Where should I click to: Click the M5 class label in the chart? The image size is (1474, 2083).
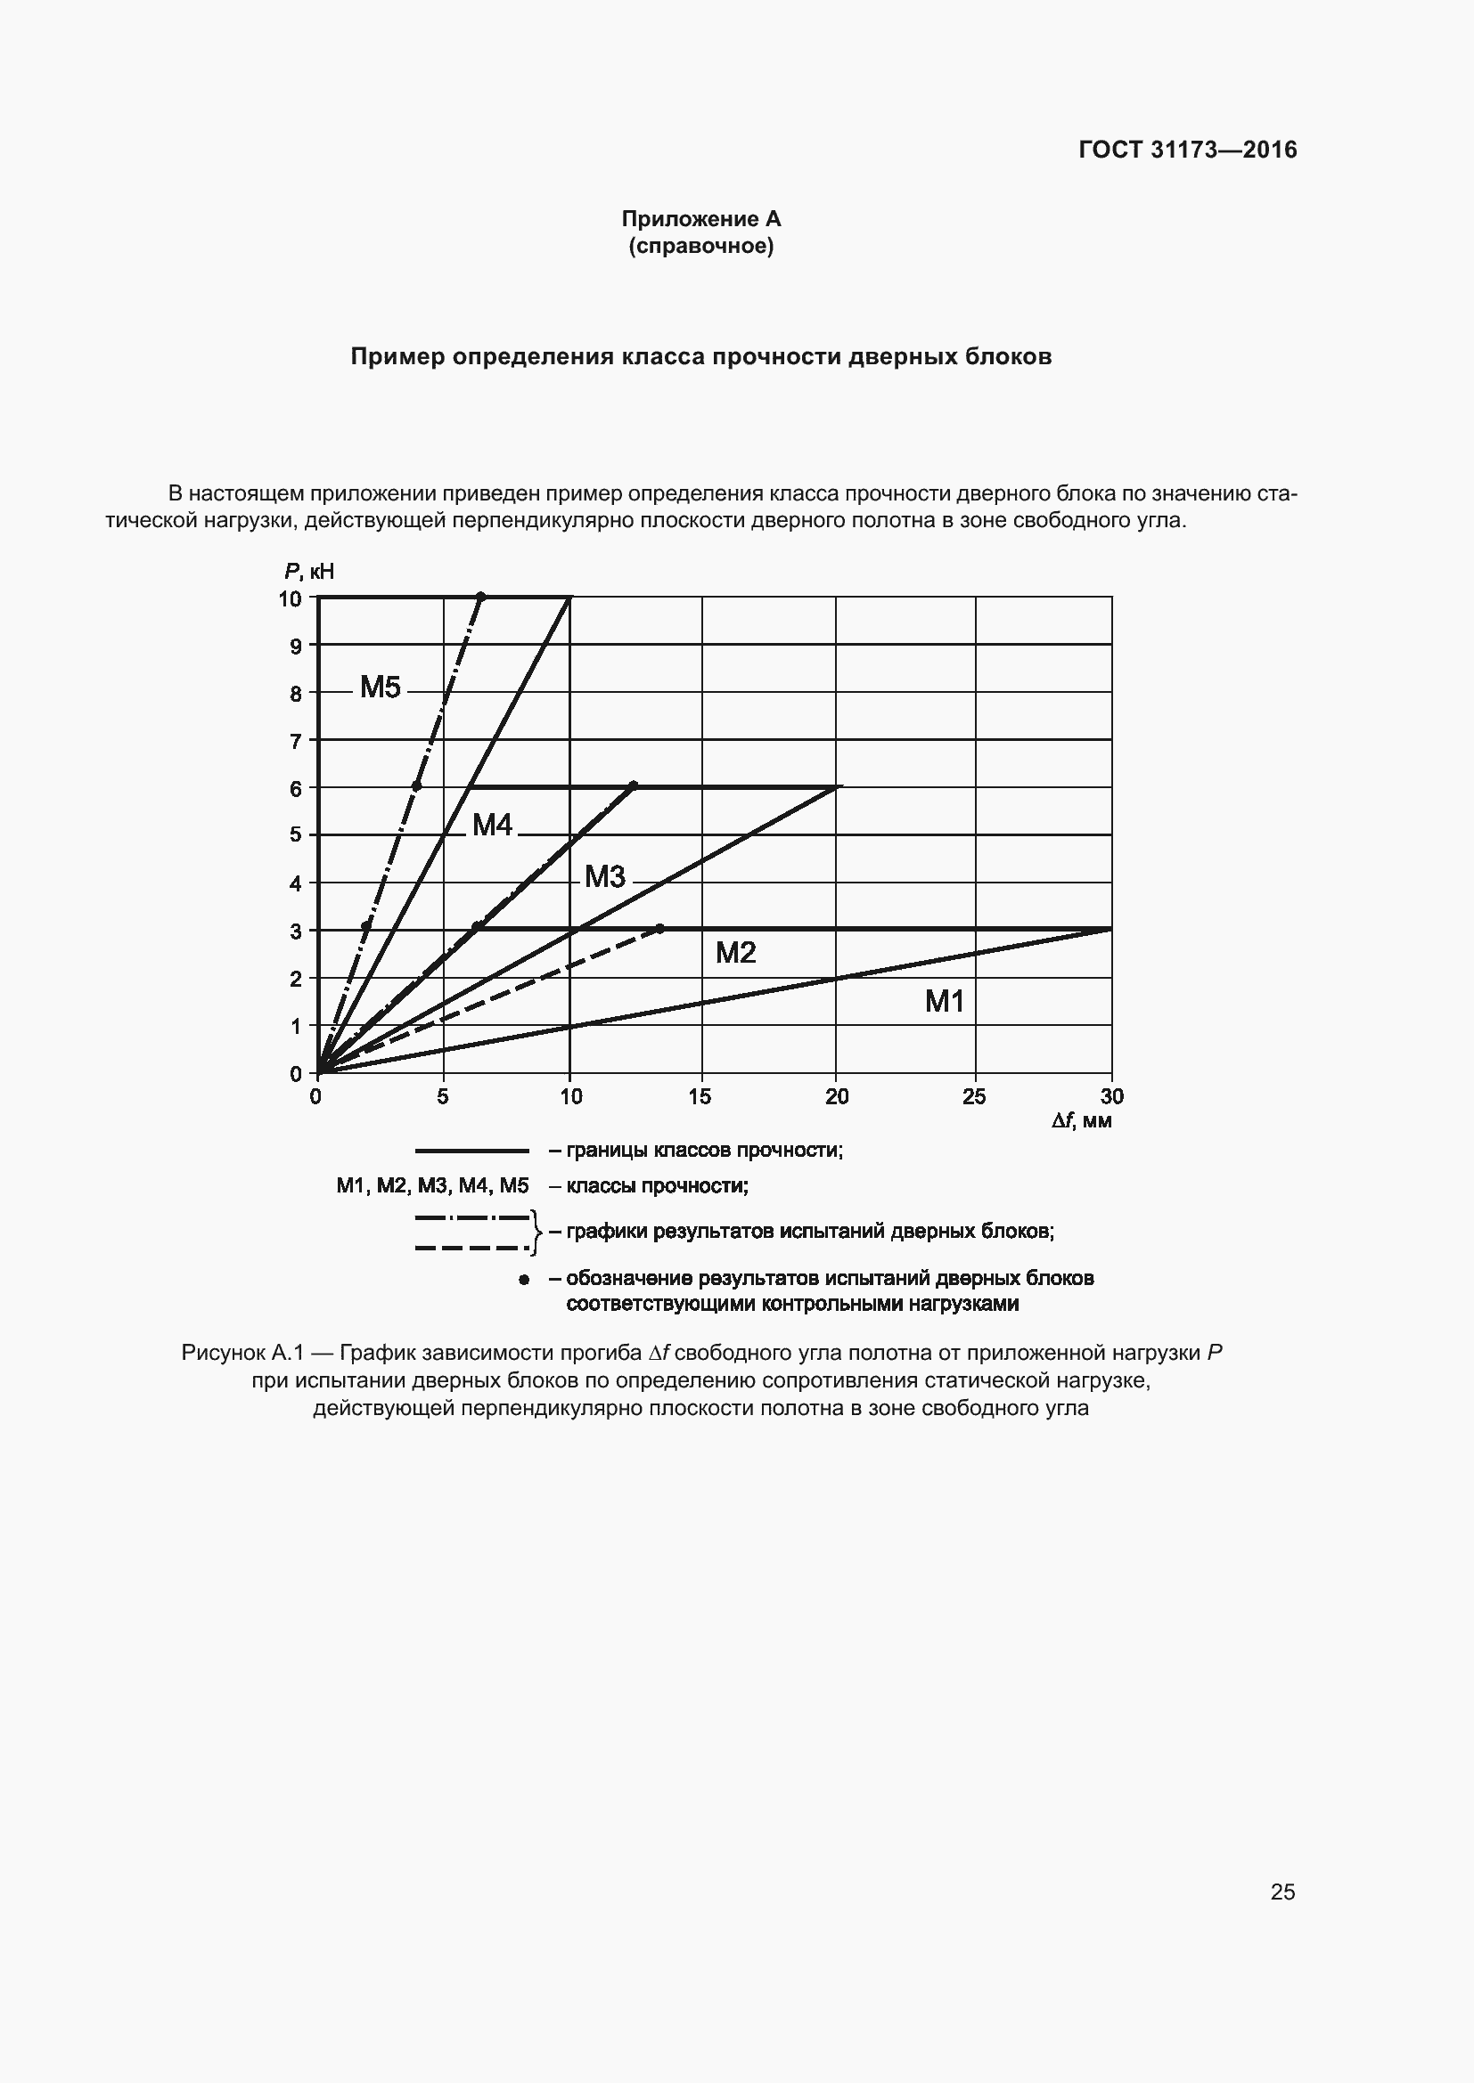(381, 688)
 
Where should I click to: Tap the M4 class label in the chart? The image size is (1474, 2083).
(493, 825)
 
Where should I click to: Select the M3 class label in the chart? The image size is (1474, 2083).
(604, 876)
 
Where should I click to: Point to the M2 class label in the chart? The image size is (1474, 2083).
(735, 953)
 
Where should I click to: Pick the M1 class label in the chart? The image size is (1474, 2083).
(944, 1002)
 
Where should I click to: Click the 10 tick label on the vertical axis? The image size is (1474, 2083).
(290, 598)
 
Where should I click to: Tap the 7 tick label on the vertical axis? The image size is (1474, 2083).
(295, 742)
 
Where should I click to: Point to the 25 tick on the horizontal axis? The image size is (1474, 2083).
(974, 1097)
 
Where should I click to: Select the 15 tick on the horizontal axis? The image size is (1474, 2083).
(700, 1097)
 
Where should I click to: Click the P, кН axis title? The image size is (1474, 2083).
(308, 571)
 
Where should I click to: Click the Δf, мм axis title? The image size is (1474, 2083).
(1082, 1121)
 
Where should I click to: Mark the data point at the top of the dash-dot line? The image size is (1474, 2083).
(481, 596)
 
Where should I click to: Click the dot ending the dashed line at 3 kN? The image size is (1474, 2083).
(659, 929)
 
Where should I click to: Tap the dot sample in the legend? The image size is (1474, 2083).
(524, 1279)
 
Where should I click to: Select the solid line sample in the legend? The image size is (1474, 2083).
(472, 1151)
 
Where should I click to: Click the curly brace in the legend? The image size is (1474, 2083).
(536, 1232)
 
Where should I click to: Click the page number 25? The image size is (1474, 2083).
(1282, 1884)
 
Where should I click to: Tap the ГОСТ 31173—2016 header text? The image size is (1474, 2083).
(1188, 151)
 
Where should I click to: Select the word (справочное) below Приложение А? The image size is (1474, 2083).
(700, 246)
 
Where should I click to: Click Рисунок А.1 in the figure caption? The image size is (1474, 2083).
(241, 1353)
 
